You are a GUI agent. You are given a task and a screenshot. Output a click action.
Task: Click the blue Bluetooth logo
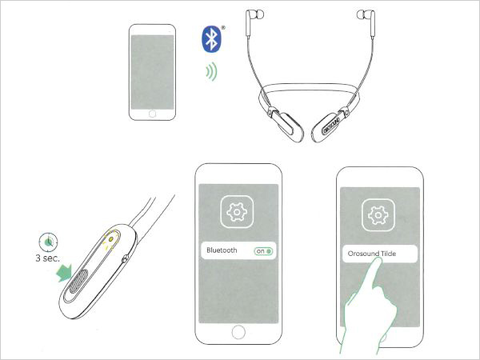point(211,39)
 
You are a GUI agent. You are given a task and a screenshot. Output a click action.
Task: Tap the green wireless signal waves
point(212,72)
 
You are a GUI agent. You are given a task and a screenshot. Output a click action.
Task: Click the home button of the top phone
point(152,114)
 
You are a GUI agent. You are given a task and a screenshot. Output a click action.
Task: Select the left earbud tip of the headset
point(259,14)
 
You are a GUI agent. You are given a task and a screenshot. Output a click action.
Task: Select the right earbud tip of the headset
point(362,14)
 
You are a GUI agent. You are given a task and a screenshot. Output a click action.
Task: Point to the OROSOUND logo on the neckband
point(332,125)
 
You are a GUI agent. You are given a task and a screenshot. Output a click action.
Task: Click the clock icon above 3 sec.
point(48,242)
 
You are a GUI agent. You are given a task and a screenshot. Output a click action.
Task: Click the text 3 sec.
point(47,258)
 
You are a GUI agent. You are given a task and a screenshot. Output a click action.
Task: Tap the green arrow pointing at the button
point(64,273)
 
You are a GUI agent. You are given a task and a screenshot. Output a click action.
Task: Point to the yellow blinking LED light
point(111,239)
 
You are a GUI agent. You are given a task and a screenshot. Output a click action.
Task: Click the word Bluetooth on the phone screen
point(222,250)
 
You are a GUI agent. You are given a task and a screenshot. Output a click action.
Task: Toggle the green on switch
point(263,251)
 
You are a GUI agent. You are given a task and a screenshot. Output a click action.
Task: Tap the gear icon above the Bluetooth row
point(237,212)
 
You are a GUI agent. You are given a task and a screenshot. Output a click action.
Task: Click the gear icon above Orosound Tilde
point(378,215)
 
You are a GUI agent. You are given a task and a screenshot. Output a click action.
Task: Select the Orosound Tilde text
point(372,254)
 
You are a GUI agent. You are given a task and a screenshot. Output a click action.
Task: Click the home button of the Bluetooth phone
point(238,331)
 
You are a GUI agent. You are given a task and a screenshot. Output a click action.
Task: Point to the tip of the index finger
point(378,259)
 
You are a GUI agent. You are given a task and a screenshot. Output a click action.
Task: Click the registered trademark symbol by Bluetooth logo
point(223,28)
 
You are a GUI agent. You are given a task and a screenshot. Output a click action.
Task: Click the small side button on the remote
point(125,259)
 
